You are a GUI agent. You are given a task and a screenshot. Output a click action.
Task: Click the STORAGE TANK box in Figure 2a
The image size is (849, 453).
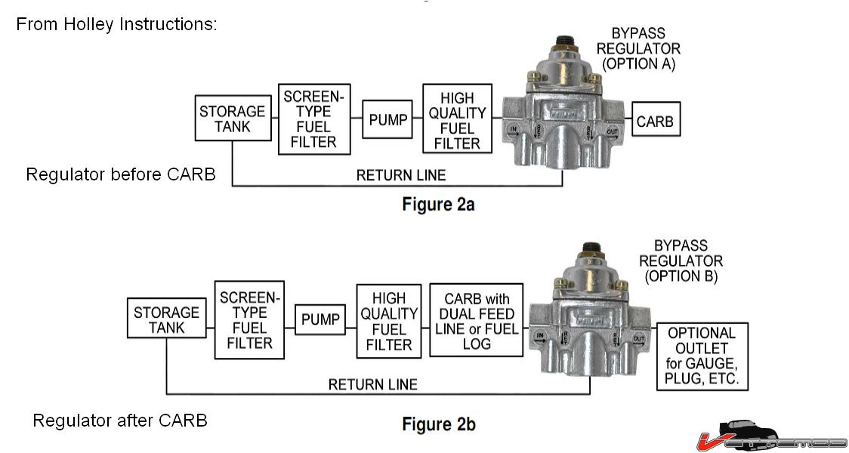pyautogui.click(x=232, y=119)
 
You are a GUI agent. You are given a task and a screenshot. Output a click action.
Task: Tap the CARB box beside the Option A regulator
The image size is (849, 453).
pyautogui.click(x=655, y=121)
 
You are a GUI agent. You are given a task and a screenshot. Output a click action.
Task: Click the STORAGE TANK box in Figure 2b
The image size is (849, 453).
pyautogui.click(x=166, y=319)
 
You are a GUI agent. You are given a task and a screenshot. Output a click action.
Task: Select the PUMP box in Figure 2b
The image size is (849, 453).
pyautogui.click(x=320, y=319)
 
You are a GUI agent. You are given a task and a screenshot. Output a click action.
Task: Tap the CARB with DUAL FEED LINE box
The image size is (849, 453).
pyautogui.click(x=477, y=321)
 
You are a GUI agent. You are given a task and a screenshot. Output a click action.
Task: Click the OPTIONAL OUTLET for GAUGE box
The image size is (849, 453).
pyautogui.click(x=702, y=356)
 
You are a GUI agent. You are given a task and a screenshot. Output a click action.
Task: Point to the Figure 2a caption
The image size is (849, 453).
pyautogui.click(x=438, y=205)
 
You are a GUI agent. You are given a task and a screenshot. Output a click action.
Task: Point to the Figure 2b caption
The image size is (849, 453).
pyautogui.click(x=439, y=424)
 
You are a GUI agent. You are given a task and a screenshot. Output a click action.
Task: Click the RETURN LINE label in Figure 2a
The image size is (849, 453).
pyautogui.click(x=401, y=176)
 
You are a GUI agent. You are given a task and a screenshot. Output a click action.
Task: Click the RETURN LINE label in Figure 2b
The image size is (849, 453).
pyautogui.click(x=372, y=385)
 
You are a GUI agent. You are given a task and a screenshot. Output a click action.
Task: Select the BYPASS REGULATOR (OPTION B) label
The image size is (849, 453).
pyautogui.click(x=681, y=261)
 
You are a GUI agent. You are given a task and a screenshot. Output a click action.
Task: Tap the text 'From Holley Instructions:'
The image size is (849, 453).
pyautogui.click(x=116, y=24)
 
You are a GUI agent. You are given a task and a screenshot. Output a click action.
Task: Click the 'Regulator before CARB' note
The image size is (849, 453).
pyautogui.click(x=121, y=174)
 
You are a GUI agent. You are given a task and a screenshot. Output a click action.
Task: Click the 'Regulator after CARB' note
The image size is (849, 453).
pyautogui.click(x=119, y=421)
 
